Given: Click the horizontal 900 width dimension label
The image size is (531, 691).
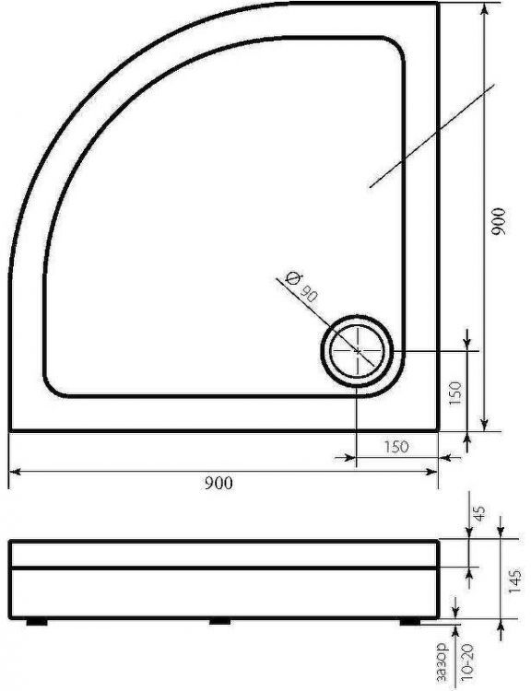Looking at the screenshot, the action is pyautogui.click(x=218, y=484).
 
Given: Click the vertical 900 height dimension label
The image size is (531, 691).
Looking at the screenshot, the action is pyautogui.click(x=499, y=221).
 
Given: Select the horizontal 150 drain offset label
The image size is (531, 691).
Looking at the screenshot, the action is pyautogui.click(x=396, y=447).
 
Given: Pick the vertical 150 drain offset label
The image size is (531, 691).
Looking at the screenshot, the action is pyautogui.click(x=454, y=393).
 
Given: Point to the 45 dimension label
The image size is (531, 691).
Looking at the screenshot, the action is pyautogui.click(x=479, y=512).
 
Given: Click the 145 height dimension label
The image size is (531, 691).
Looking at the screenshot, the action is pyautogui.click(x=514, y=580).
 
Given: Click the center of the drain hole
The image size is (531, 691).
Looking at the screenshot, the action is pyautogui.click(x=358, y=351).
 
